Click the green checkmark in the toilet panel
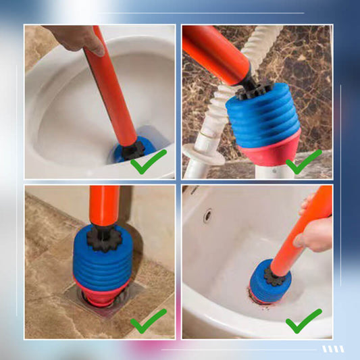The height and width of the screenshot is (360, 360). coord(148,162)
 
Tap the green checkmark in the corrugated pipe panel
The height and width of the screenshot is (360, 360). coord(303,162)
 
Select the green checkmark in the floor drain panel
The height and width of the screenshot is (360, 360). coord(148,321)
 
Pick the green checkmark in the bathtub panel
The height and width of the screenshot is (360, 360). coord(303,321)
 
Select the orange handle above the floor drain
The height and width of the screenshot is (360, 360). coord(104,206)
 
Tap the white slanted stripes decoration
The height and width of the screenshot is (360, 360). coord(332,349)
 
